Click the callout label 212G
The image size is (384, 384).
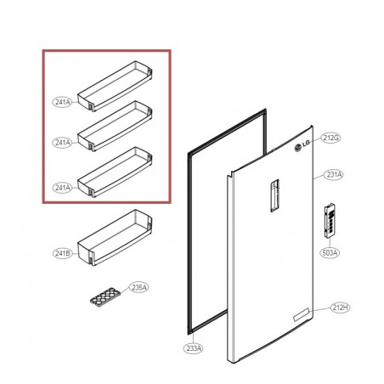[330, 138]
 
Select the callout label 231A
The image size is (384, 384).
[334, 175]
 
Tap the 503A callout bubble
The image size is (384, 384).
[330, 252]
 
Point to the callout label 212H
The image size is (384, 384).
[340, 308]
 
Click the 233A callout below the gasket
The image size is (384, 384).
[194, 348]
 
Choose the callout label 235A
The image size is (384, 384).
[138, 287]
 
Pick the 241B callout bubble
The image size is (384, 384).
[63, 253]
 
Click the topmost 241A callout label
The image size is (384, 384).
[62, 102]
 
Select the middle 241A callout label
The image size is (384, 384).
[62, 143]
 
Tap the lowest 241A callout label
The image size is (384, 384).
[62, 188]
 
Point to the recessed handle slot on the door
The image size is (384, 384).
[274, 195]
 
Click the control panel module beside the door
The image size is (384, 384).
[330, 222]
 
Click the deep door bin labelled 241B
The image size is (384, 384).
[115, 237]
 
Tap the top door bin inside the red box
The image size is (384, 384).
[115, 86]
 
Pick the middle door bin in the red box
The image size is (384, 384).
[115, 126]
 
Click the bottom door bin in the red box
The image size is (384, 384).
[115, 172]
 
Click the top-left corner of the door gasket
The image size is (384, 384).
[188, 154]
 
